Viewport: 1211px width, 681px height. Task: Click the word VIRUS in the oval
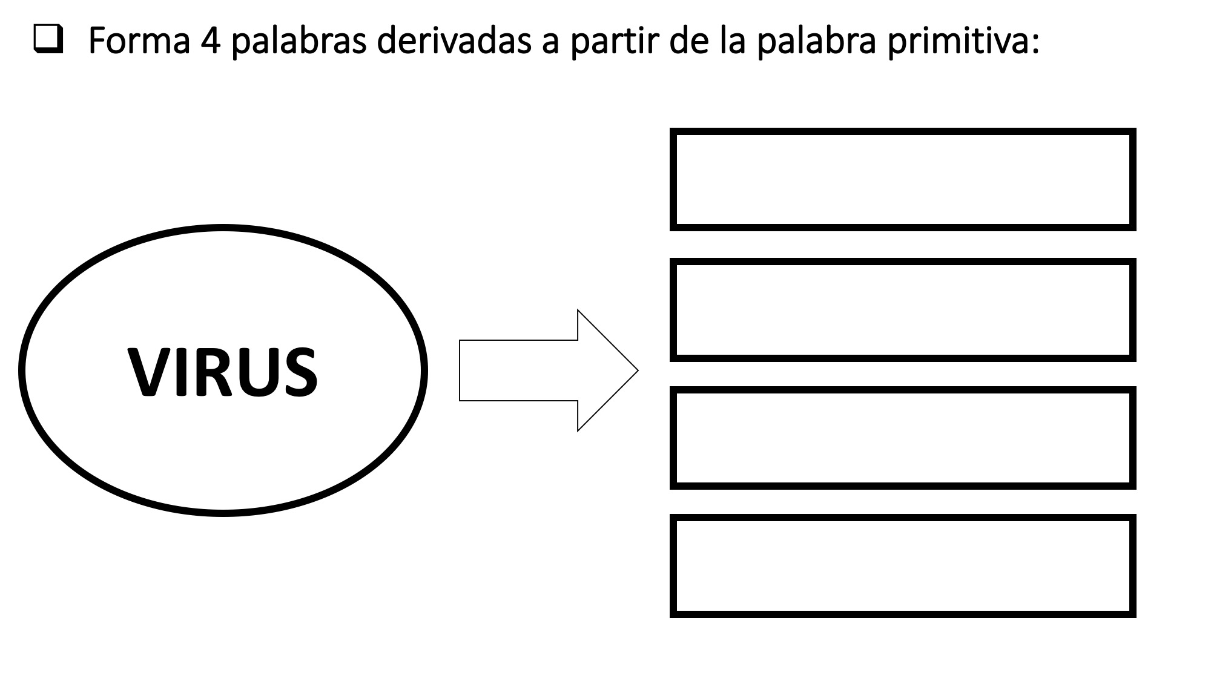coord(222,372)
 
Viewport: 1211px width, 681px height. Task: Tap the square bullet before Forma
coord(48,40)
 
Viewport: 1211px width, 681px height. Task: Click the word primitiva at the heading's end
coord(963,41)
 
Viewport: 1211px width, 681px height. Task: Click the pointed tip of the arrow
coord(638,370)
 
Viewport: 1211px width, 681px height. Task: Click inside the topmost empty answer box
coord(903,180)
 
